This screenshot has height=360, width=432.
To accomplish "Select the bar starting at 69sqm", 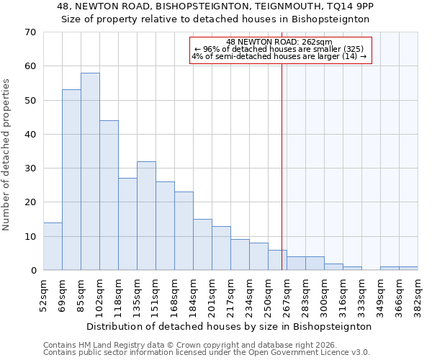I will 71,180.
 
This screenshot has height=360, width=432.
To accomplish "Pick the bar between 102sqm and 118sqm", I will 109,195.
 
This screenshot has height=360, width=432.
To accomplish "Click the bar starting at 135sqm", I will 146,216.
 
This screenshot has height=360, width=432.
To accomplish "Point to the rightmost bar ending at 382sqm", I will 408,269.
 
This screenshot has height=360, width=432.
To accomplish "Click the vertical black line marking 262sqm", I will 282,166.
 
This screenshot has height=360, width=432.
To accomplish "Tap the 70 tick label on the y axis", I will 30,32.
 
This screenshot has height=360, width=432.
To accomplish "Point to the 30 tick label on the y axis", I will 30,168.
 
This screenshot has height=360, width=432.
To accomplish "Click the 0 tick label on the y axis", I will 32,271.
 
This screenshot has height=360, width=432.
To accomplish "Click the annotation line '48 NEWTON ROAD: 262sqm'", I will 279,42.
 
